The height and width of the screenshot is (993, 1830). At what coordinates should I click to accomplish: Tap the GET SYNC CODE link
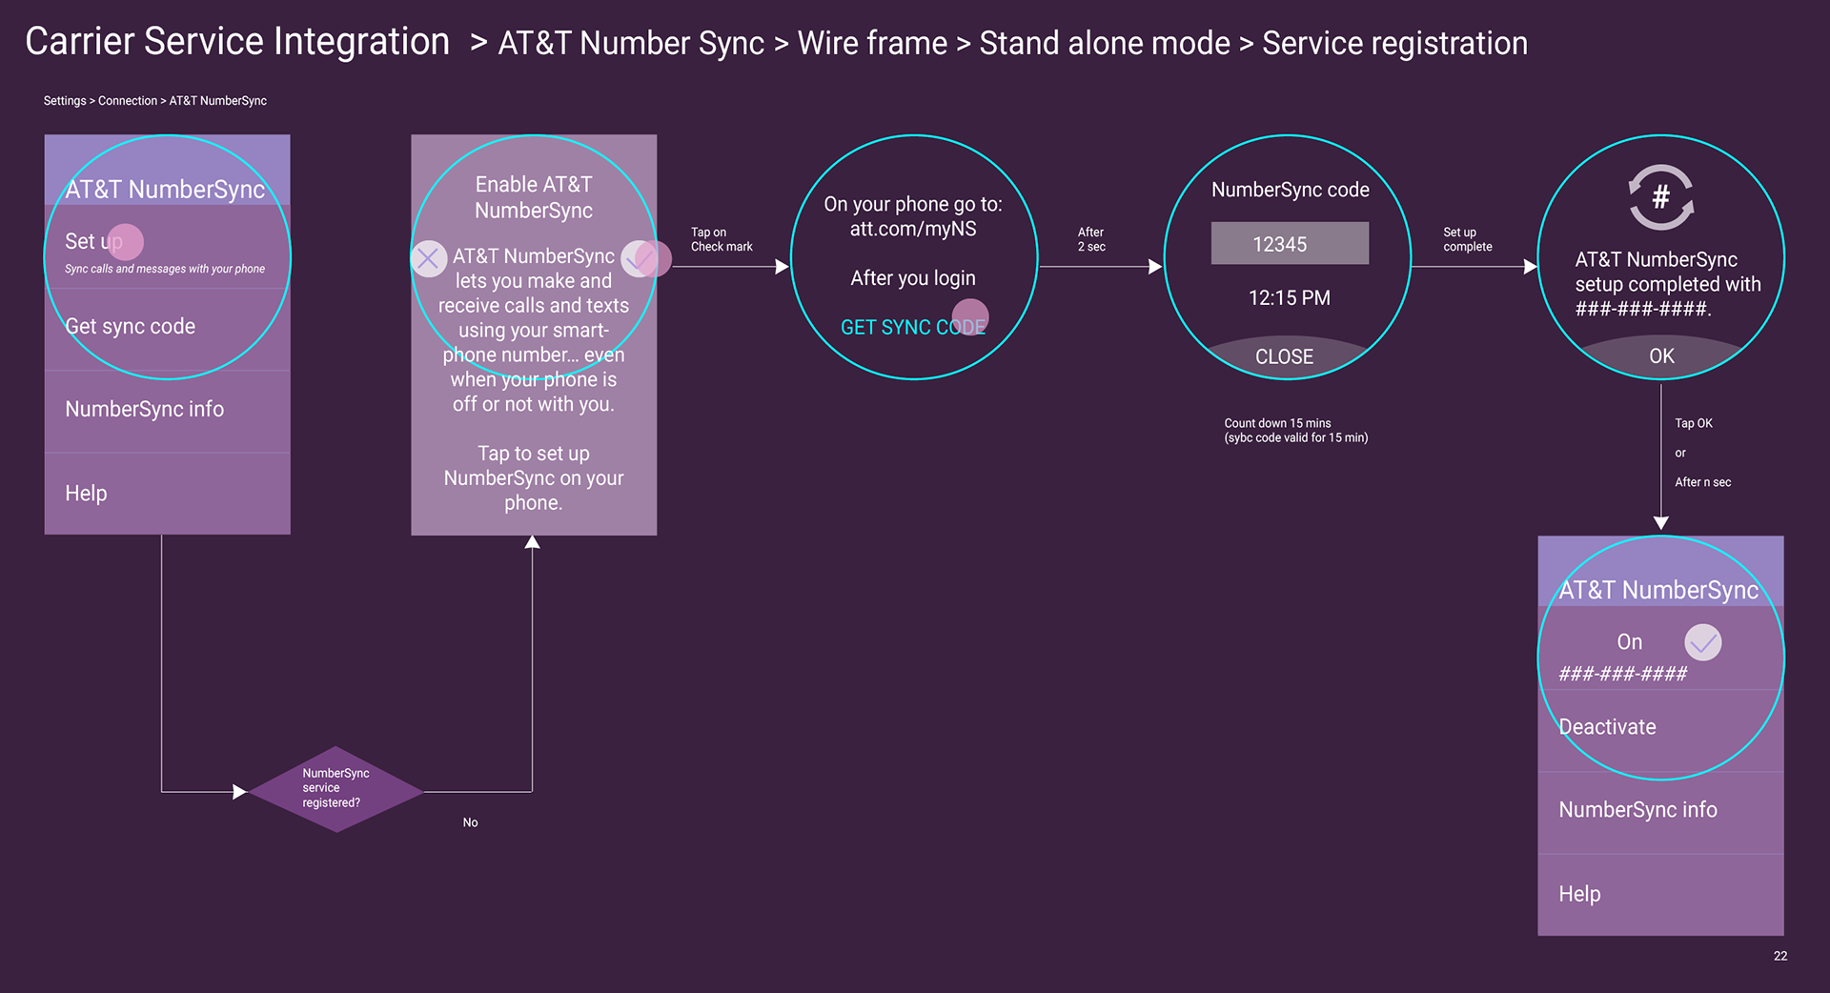tap(912, 328)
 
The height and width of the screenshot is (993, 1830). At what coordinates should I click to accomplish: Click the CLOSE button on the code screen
tap(1284, 356)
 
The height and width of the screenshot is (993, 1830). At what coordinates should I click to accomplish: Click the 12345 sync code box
tap(1289, 244)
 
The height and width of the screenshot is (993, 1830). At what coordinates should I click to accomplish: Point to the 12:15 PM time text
tap(1289, 298)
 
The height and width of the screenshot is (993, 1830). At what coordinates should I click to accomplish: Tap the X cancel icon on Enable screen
tap(428, 258)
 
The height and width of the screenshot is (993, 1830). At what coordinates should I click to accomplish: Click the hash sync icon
tap(1660, 197)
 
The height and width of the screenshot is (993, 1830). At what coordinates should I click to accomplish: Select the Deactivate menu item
tap(1607, 727)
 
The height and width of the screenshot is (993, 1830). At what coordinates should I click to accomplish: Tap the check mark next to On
tap(1702, 642)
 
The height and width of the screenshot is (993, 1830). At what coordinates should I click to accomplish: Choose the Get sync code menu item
tap(130, 327)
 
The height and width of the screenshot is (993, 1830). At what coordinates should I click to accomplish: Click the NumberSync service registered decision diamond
tap(335, 788)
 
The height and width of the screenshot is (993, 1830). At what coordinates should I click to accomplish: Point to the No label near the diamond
tap(470, 822)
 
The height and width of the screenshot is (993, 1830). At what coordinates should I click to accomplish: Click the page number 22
tap(1779, 956)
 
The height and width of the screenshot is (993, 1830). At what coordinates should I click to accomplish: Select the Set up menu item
tap(93, 242)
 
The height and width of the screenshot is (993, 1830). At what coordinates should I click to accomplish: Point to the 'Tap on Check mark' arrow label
tap(721, 239)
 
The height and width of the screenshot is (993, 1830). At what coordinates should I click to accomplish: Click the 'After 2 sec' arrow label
tap(1091, 239)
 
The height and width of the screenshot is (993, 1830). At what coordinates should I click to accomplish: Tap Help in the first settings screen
tap(86, 494)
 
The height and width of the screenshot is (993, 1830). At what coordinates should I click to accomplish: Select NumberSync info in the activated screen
tap(1637, 810)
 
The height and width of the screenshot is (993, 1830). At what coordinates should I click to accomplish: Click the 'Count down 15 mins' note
tap(1295, 431)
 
